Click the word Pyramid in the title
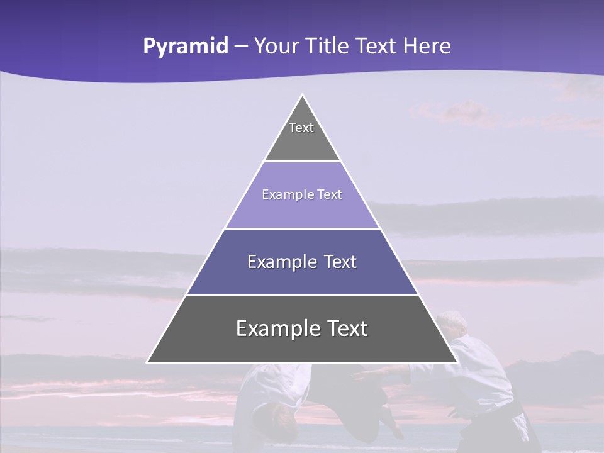click(186, 47)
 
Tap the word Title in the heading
click(328, 46)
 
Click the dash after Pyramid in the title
click(241, 47)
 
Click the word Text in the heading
click(377, 46)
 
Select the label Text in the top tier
click(301, 128)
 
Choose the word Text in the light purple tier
click(330, 194)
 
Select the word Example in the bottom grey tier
click(274, 328)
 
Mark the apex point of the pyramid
click(302, 96)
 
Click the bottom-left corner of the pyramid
click(148, 362)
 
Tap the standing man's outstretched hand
click(359, 376)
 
